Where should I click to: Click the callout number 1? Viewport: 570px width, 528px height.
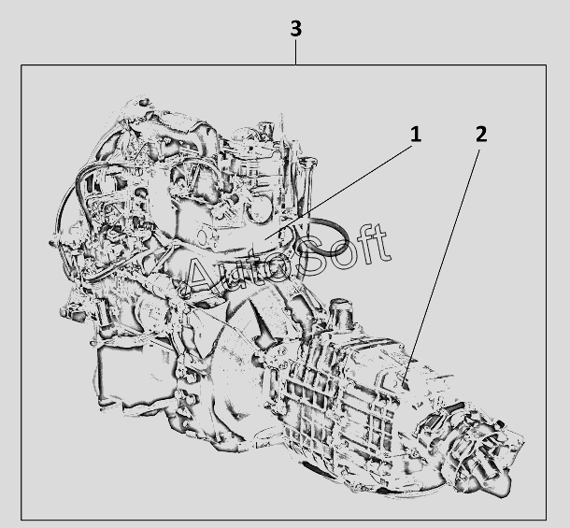pyautogui.click(x=416, y=135)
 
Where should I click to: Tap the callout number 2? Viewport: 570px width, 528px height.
pyautogui.click(x=481, y=135)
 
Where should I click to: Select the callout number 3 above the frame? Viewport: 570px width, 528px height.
pyautogui.click(x=296, y=28)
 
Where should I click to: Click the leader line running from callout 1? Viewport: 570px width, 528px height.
pyautogui.click(x=338, y=193)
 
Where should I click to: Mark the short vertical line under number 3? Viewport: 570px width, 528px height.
pyautogui.click(x=296, y=52)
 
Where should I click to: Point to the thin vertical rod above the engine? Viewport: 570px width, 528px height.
pyautogui.click(x=281, y=135)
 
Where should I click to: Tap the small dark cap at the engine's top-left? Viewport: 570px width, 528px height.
pyautogui.click(x=143, y=102)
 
